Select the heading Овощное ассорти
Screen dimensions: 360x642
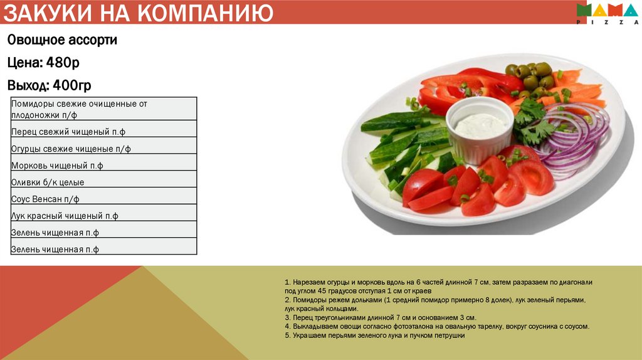pyautogui.click(x=62, y=40)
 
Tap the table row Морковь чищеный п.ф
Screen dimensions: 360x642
pyautogui.click(x=57, y=166)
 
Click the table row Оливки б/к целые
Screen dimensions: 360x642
pyautogui.click(x=48, y=183)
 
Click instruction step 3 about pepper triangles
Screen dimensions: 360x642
pyautogui.click(x=380, y=318)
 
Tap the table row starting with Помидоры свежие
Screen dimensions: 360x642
pyautogui.click(x=79, y=109)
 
